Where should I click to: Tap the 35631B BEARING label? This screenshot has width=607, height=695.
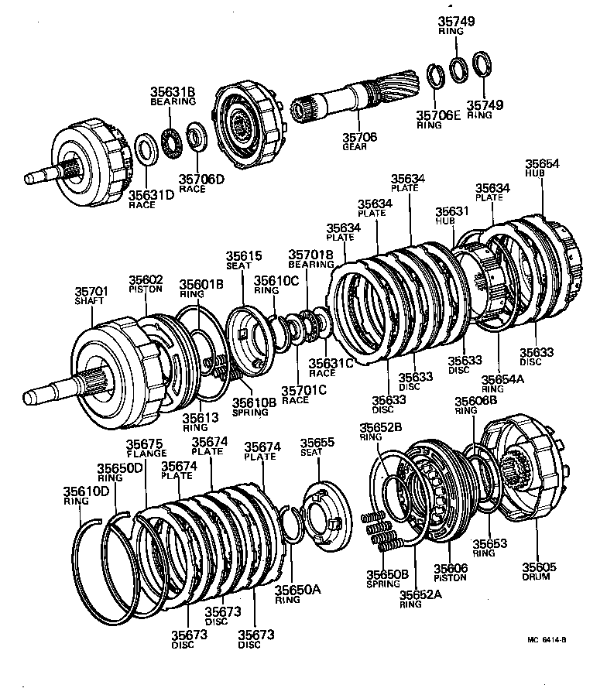click(x=173, y=96)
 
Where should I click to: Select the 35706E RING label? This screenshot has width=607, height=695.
click(x=438, y=120)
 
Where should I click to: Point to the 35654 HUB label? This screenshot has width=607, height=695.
click(x=543, y=169)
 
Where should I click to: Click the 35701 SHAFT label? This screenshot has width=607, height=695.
click(x=92, y=295)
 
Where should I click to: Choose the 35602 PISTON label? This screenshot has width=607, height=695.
click(x=146, y=284)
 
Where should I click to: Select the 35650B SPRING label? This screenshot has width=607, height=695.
click(x=387, y=578)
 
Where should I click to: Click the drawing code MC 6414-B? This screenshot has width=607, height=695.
click(x=547, y=639)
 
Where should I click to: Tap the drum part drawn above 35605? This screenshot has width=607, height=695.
click(x=526, y=472)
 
